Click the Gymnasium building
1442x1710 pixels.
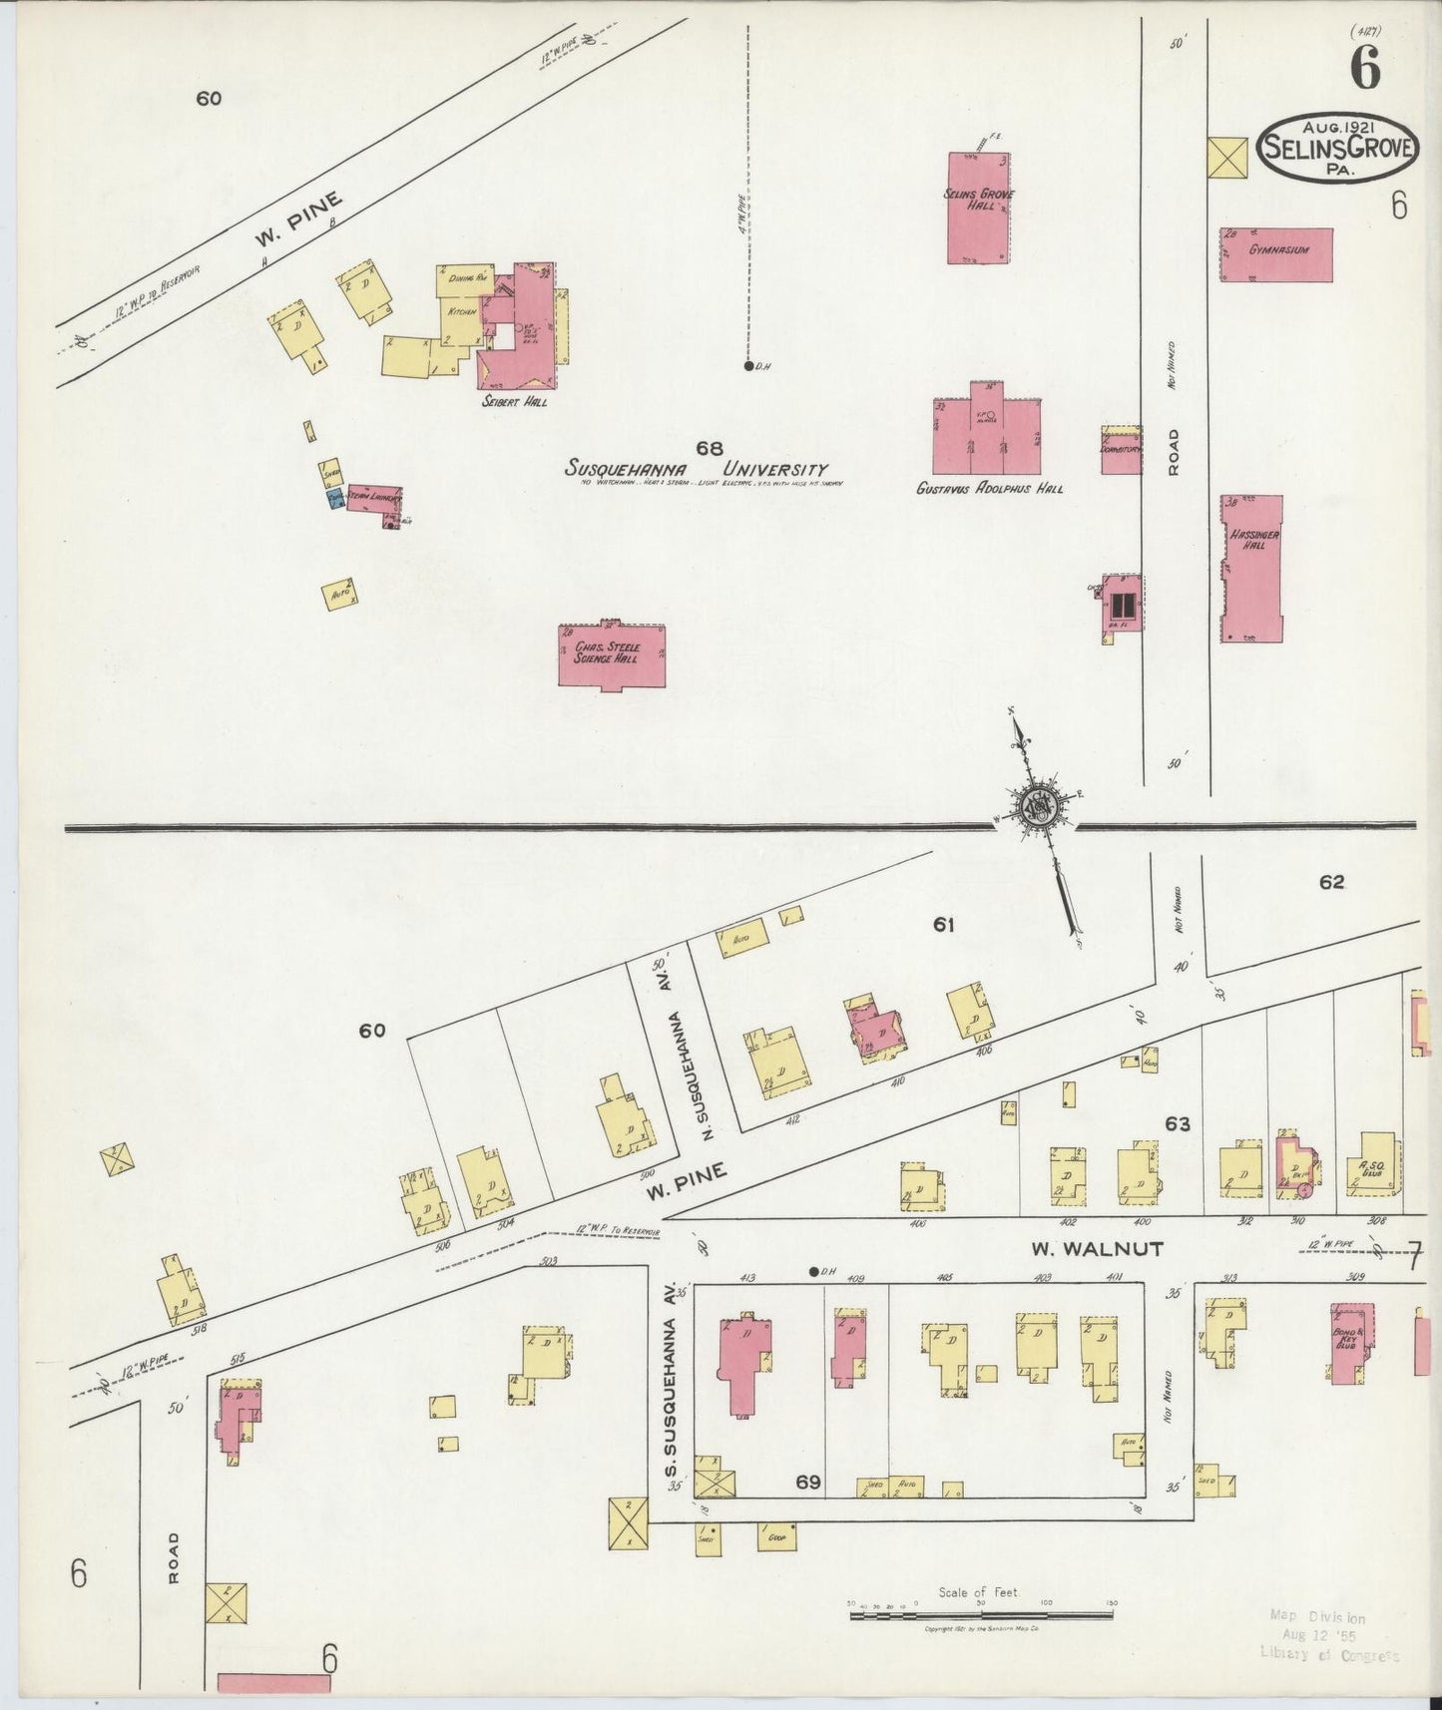1276,255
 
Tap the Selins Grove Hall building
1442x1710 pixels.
978,208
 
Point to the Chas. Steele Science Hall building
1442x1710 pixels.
611,655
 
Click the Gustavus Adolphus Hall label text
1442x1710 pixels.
989,489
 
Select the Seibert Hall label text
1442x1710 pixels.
514,402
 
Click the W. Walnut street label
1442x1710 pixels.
1097,1248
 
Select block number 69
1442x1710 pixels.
807,1483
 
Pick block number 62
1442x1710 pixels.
1331,882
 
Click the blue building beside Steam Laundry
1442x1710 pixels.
334,500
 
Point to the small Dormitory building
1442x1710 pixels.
1122,450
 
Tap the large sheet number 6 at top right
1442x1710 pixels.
1365,68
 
